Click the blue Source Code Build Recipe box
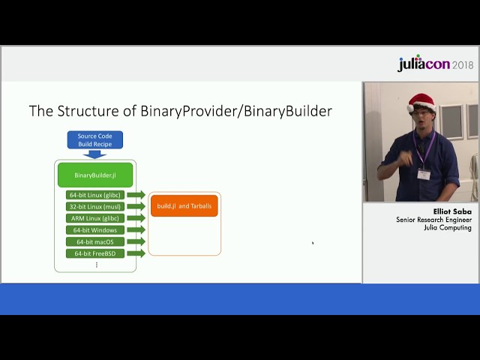coord(94,140)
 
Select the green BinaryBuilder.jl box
coord(94,175)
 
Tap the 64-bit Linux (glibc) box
coord(94,195)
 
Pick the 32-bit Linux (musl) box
coord(94,206)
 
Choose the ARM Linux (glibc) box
coord(94,218)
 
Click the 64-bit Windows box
coord(94,230)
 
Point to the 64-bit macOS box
coord(94,241)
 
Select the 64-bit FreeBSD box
coord(94,253)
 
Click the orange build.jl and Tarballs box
coord(184,205)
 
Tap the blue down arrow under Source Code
coord(94,154)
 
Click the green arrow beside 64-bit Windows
coord(136,230)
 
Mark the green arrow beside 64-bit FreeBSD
coord(136,253)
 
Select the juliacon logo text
coord(424,64)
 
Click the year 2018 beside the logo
coord(463,65)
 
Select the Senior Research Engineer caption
coord(433,220)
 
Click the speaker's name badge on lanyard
coord(424,174)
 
